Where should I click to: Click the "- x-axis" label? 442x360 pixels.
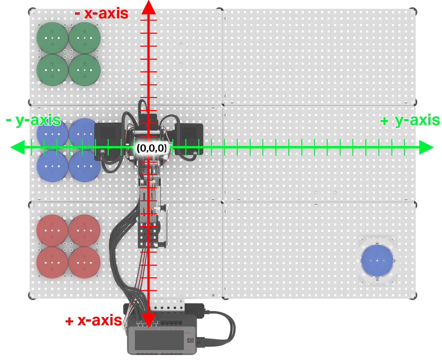pos(102,14)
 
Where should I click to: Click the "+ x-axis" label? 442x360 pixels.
pos(94,320)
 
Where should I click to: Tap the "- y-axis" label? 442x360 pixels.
pos(33,120)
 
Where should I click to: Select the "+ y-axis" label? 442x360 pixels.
pos(410,120)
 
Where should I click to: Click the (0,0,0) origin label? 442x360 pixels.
pos(152,148)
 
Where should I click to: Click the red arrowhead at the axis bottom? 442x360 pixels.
pos(149,320)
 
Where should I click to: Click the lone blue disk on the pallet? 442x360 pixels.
pos(377,261)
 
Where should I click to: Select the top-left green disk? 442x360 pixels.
pos(52,38)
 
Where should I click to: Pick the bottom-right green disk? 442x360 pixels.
pos(85,70)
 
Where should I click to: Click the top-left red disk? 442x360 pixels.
pos(52,230)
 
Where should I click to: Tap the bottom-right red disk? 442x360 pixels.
pos(85,262)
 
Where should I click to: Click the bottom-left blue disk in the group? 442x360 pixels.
pos(52,166)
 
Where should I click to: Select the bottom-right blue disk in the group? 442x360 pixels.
pos(85,166)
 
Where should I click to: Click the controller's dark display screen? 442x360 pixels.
pos(159,340)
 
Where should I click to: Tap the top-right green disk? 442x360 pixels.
pos(85,38)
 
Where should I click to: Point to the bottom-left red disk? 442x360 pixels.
pos(52,262)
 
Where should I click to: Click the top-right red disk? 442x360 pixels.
pos(85,230)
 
